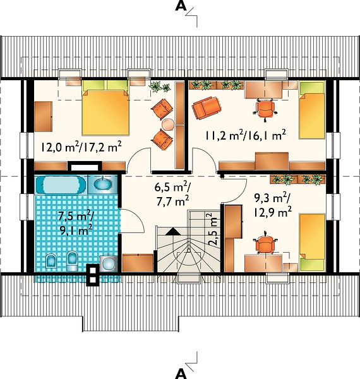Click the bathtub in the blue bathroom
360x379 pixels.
[x=61, y=185]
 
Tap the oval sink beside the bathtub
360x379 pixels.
[x=103, y=184]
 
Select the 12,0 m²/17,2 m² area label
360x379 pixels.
[x=81, y=147]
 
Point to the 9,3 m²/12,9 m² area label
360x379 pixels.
[x=272, y=206]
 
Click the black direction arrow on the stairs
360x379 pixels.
[x=173, y=232]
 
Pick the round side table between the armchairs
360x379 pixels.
[x=167, y=124]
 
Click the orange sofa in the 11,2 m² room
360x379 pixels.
[x=206, y=108]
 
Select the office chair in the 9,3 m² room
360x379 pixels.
[x=265, y=243]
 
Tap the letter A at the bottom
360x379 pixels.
[x=181, y=374]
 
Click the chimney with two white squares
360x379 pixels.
[x=93, y=275]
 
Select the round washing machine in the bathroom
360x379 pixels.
[x=109, y=263]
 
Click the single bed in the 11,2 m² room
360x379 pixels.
[x=311, y=110]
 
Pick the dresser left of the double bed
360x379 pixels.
[x=44, y=117]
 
